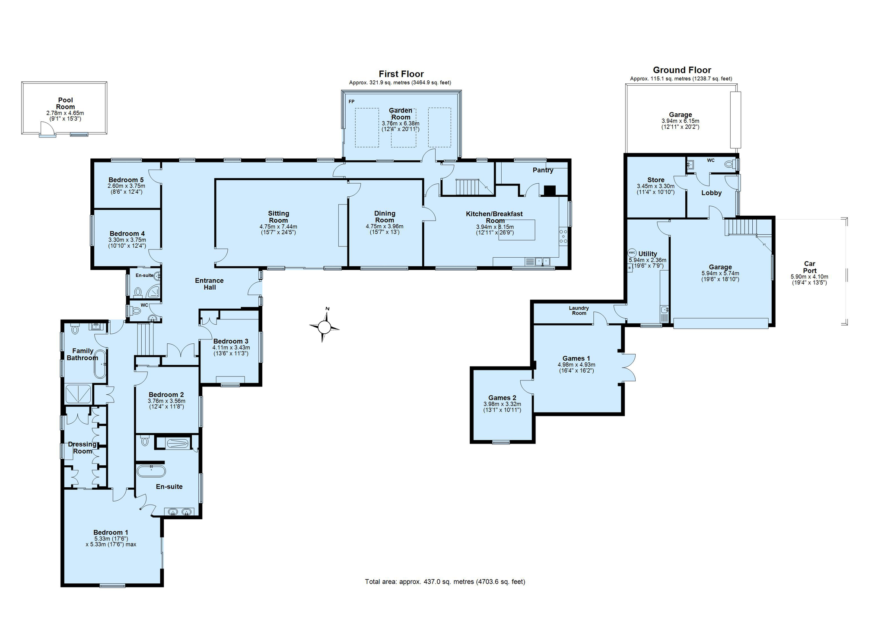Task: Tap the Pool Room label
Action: pos(66,103)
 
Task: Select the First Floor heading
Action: pos(401,74)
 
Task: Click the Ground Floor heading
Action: pos(682,70)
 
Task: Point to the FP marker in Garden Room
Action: pos(352,102)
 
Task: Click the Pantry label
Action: pos(543,170)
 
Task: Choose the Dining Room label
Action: pos(385,217)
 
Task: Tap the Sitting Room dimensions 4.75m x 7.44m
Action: pos(278,227)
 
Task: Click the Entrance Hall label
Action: pos(210,284)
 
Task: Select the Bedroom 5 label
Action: pos(126,180)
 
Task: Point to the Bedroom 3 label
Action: pos(231,341)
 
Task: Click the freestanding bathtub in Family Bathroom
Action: pos(100,364)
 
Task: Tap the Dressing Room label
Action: pos(82,447)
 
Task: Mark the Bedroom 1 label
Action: pos(111,532)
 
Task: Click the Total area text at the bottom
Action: pos(445,581)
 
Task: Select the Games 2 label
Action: pos(502,398)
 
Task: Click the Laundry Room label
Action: pos(579,310)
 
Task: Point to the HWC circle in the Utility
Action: pos(632,253)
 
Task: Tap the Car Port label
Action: pos(810,267)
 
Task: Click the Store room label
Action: pos(655,180)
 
